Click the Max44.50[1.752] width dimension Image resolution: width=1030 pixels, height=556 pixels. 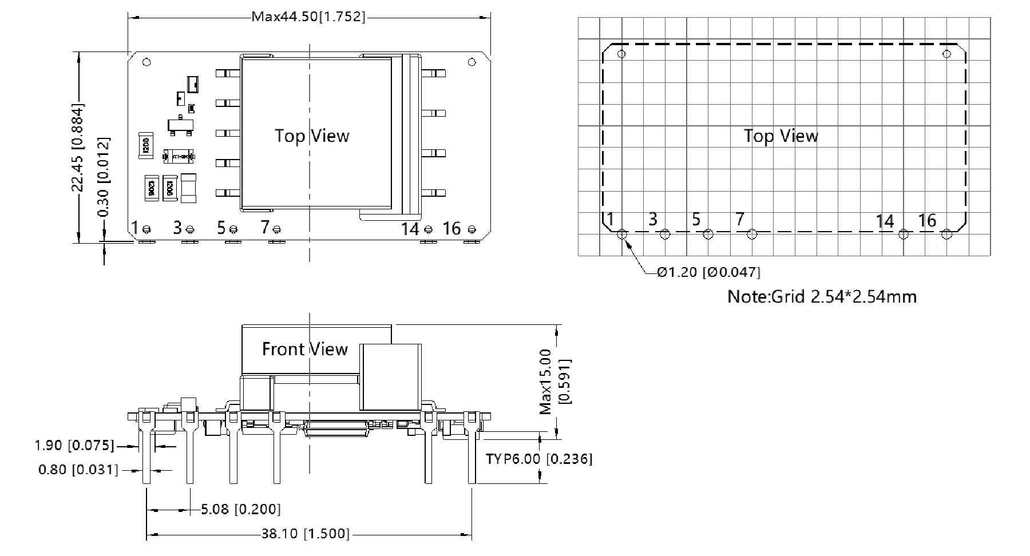point(308,17)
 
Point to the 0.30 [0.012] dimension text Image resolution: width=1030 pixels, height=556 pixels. point(104,177)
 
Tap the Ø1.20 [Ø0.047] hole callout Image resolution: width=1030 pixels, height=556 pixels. point(708,272)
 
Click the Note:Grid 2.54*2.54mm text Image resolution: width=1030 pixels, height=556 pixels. point(821,296)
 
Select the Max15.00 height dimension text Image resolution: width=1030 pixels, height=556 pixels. point(546,381)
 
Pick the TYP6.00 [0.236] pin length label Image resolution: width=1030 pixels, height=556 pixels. point(538,459)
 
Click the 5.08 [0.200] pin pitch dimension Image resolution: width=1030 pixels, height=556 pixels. point(240,509)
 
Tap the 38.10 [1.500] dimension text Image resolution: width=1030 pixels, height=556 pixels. point(305,534)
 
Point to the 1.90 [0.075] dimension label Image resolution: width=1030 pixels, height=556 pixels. point(74,445)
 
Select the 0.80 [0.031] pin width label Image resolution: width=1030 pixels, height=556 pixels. point(78,470)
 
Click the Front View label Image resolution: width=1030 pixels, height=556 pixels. point(304,349)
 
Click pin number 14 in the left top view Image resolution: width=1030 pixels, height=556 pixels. point(410,229)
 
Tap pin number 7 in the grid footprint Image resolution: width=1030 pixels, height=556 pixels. point(739,219)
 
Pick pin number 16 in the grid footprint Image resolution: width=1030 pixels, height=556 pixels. point(927,220)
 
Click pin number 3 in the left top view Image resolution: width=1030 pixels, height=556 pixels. point(177,228)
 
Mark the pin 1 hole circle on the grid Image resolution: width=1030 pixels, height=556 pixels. point(623,234)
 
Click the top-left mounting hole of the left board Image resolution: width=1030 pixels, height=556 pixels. point(146,62)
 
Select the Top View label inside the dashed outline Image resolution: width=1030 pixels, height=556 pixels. point(781,136)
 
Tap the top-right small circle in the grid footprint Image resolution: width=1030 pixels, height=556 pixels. point(946,54)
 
